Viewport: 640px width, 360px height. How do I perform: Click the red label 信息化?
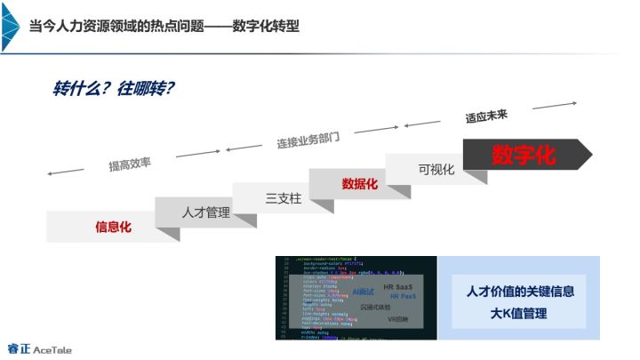point(113,227)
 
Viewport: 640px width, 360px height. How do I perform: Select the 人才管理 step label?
point(205,212)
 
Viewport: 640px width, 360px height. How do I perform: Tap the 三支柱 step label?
point(284,198)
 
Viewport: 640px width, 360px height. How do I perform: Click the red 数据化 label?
point(360,184)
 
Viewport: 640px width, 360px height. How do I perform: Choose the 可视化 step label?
point(436,169)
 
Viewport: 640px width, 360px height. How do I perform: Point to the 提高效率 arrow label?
point(130,164)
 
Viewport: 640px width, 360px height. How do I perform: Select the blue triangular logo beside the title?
point(11,26)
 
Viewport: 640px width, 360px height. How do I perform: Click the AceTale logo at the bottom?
point(39,348)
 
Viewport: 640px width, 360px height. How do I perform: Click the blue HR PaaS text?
point(404,297)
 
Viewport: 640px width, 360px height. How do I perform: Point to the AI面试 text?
point(364,292)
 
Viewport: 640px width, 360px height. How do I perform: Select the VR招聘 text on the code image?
point(397,318)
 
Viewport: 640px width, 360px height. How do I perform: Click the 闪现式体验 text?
point(376,307)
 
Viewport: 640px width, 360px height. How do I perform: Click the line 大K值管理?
point(519,313)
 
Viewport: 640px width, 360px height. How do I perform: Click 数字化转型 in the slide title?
point(266,26)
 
